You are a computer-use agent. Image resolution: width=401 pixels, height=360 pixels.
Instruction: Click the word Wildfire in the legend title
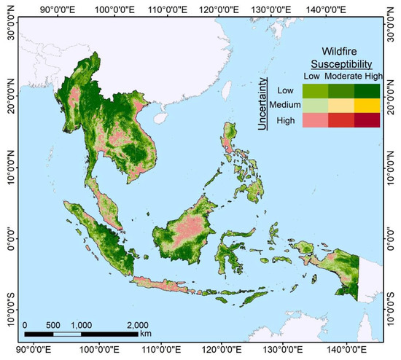tap(343, 52)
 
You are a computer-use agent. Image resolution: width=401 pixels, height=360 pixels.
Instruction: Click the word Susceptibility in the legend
tap(343, 64)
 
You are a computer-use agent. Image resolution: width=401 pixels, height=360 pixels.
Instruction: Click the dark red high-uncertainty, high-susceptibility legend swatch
tap(367, 120)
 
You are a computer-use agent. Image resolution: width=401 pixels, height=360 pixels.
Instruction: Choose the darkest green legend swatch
tap(367, 90)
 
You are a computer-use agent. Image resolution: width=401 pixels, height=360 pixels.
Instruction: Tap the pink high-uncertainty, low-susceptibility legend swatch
tap(316, 120)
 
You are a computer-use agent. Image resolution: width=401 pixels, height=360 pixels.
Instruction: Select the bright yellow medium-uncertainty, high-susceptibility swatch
tap(367, 105)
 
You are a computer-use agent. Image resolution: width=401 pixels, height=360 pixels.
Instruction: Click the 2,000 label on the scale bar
tap(137, 325)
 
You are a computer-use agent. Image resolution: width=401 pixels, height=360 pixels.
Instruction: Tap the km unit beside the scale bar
tap(147, 333)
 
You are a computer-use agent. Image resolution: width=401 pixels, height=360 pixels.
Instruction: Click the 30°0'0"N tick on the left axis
tap(10, 33)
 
